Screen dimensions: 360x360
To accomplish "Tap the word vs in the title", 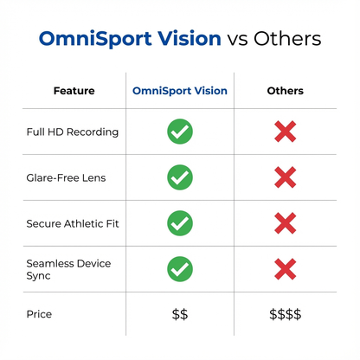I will pyautogui.click(x=238, y=40).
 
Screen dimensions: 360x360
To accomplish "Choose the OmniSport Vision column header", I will pyautogui.click(x=179, y=91).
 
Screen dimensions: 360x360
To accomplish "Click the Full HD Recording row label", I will pyautogui.click(x=72, y=132).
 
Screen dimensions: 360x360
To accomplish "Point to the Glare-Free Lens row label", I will pyautogui.click(x=66, y=178).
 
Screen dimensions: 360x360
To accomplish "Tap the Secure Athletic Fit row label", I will pyautogui.click(x=72, y=223).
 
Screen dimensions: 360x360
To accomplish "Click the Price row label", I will pyautogui.click(x=40, y=314).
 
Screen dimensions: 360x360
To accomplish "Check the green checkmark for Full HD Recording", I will pyautogui.click(x=180, y=132).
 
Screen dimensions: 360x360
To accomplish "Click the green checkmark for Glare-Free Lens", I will pyautogui.click(x=180, y=178).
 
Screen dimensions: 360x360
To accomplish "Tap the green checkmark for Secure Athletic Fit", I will pyautogui.click(x=180, y=223).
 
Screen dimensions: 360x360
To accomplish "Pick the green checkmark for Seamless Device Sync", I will pyautogui.click(x=180, y=268).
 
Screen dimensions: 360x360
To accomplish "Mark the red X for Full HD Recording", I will pyautogui.click(x=285, y=132).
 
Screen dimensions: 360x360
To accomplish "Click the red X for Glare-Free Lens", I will pyautogui.click(x=285, y=178).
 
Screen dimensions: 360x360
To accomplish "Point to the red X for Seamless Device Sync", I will pyautogui.click(x=285, y=268).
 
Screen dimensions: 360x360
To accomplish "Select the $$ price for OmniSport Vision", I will pyautogui.click(x=180, y=314).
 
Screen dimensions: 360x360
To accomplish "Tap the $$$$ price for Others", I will pyautogui.click(x=285, y=314).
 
